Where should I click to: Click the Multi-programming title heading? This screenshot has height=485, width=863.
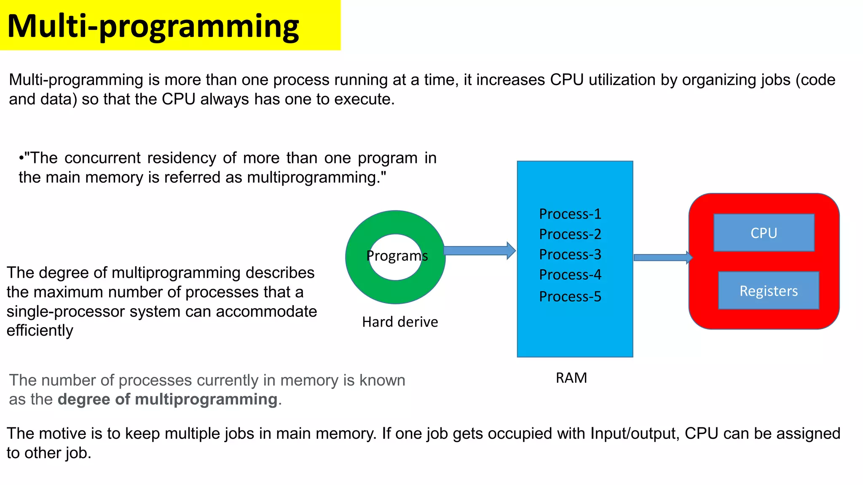(x=153, y=26)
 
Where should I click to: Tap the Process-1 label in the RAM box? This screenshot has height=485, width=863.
(x=570, y=214)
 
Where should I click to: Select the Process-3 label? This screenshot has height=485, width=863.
(x=570, y=254)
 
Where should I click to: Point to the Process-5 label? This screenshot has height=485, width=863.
(x=570, y=296)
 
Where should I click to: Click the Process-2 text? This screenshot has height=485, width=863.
(x=570, y=234)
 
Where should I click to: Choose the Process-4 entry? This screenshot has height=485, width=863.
(x=570, y=274)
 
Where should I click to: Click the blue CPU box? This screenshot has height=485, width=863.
(x=764, y=233)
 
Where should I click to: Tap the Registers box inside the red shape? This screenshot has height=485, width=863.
(x=768, y=290)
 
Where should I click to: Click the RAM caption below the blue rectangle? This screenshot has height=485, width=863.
(x=571, y=378)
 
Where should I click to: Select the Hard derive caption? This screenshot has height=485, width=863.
(x=400, y=322)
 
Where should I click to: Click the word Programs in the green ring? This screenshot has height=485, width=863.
(x=397, y=256)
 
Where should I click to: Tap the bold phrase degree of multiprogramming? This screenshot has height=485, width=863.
(x=167, y=399)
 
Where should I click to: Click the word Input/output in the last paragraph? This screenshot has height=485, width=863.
(x=635, y=433)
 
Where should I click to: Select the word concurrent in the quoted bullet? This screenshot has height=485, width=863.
(x=102, y=158)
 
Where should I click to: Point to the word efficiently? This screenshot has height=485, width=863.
(x=40, y=330)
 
